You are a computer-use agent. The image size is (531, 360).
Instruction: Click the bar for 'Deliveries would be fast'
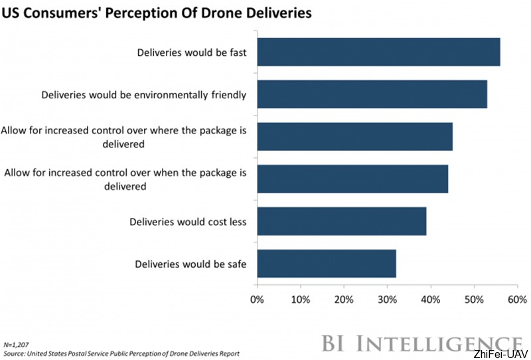point(378,52)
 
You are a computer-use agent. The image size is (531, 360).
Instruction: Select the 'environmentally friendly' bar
point(372,94)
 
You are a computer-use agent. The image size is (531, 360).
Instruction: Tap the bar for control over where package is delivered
point(354,137)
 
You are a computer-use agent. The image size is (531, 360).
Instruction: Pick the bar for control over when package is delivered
point(352,179)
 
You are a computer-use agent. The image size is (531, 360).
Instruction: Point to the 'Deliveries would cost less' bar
point(341,221)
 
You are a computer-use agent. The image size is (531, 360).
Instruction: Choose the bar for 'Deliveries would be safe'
point(326,264)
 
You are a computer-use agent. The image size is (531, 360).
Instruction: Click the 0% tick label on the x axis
point(257,299)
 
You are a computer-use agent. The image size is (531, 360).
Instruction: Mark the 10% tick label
point(301,299)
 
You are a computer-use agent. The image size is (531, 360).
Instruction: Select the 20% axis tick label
point(344,299)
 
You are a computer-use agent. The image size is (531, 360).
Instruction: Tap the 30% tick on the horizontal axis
point(387,299)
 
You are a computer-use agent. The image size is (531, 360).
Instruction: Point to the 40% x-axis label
point(431,299)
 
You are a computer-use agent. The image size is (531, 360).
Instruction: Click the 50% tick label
point(474,299)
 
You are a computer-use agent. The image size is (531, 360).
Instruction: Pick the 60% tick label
point(517,299)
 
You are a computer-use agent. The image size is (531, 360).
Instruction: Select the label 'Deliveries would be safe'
point(191,264)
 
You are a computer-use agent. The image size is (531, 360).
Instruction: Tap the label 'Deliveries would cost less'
point(188,222)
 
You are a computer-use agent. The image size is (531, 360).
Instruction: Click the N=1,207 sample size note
point(17,345)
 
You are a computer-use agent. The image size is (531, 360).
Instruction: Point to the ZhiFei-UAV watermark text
point(500,355)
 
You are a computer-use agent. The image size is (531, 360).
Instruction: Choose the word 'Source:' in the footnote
point(15,354)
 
